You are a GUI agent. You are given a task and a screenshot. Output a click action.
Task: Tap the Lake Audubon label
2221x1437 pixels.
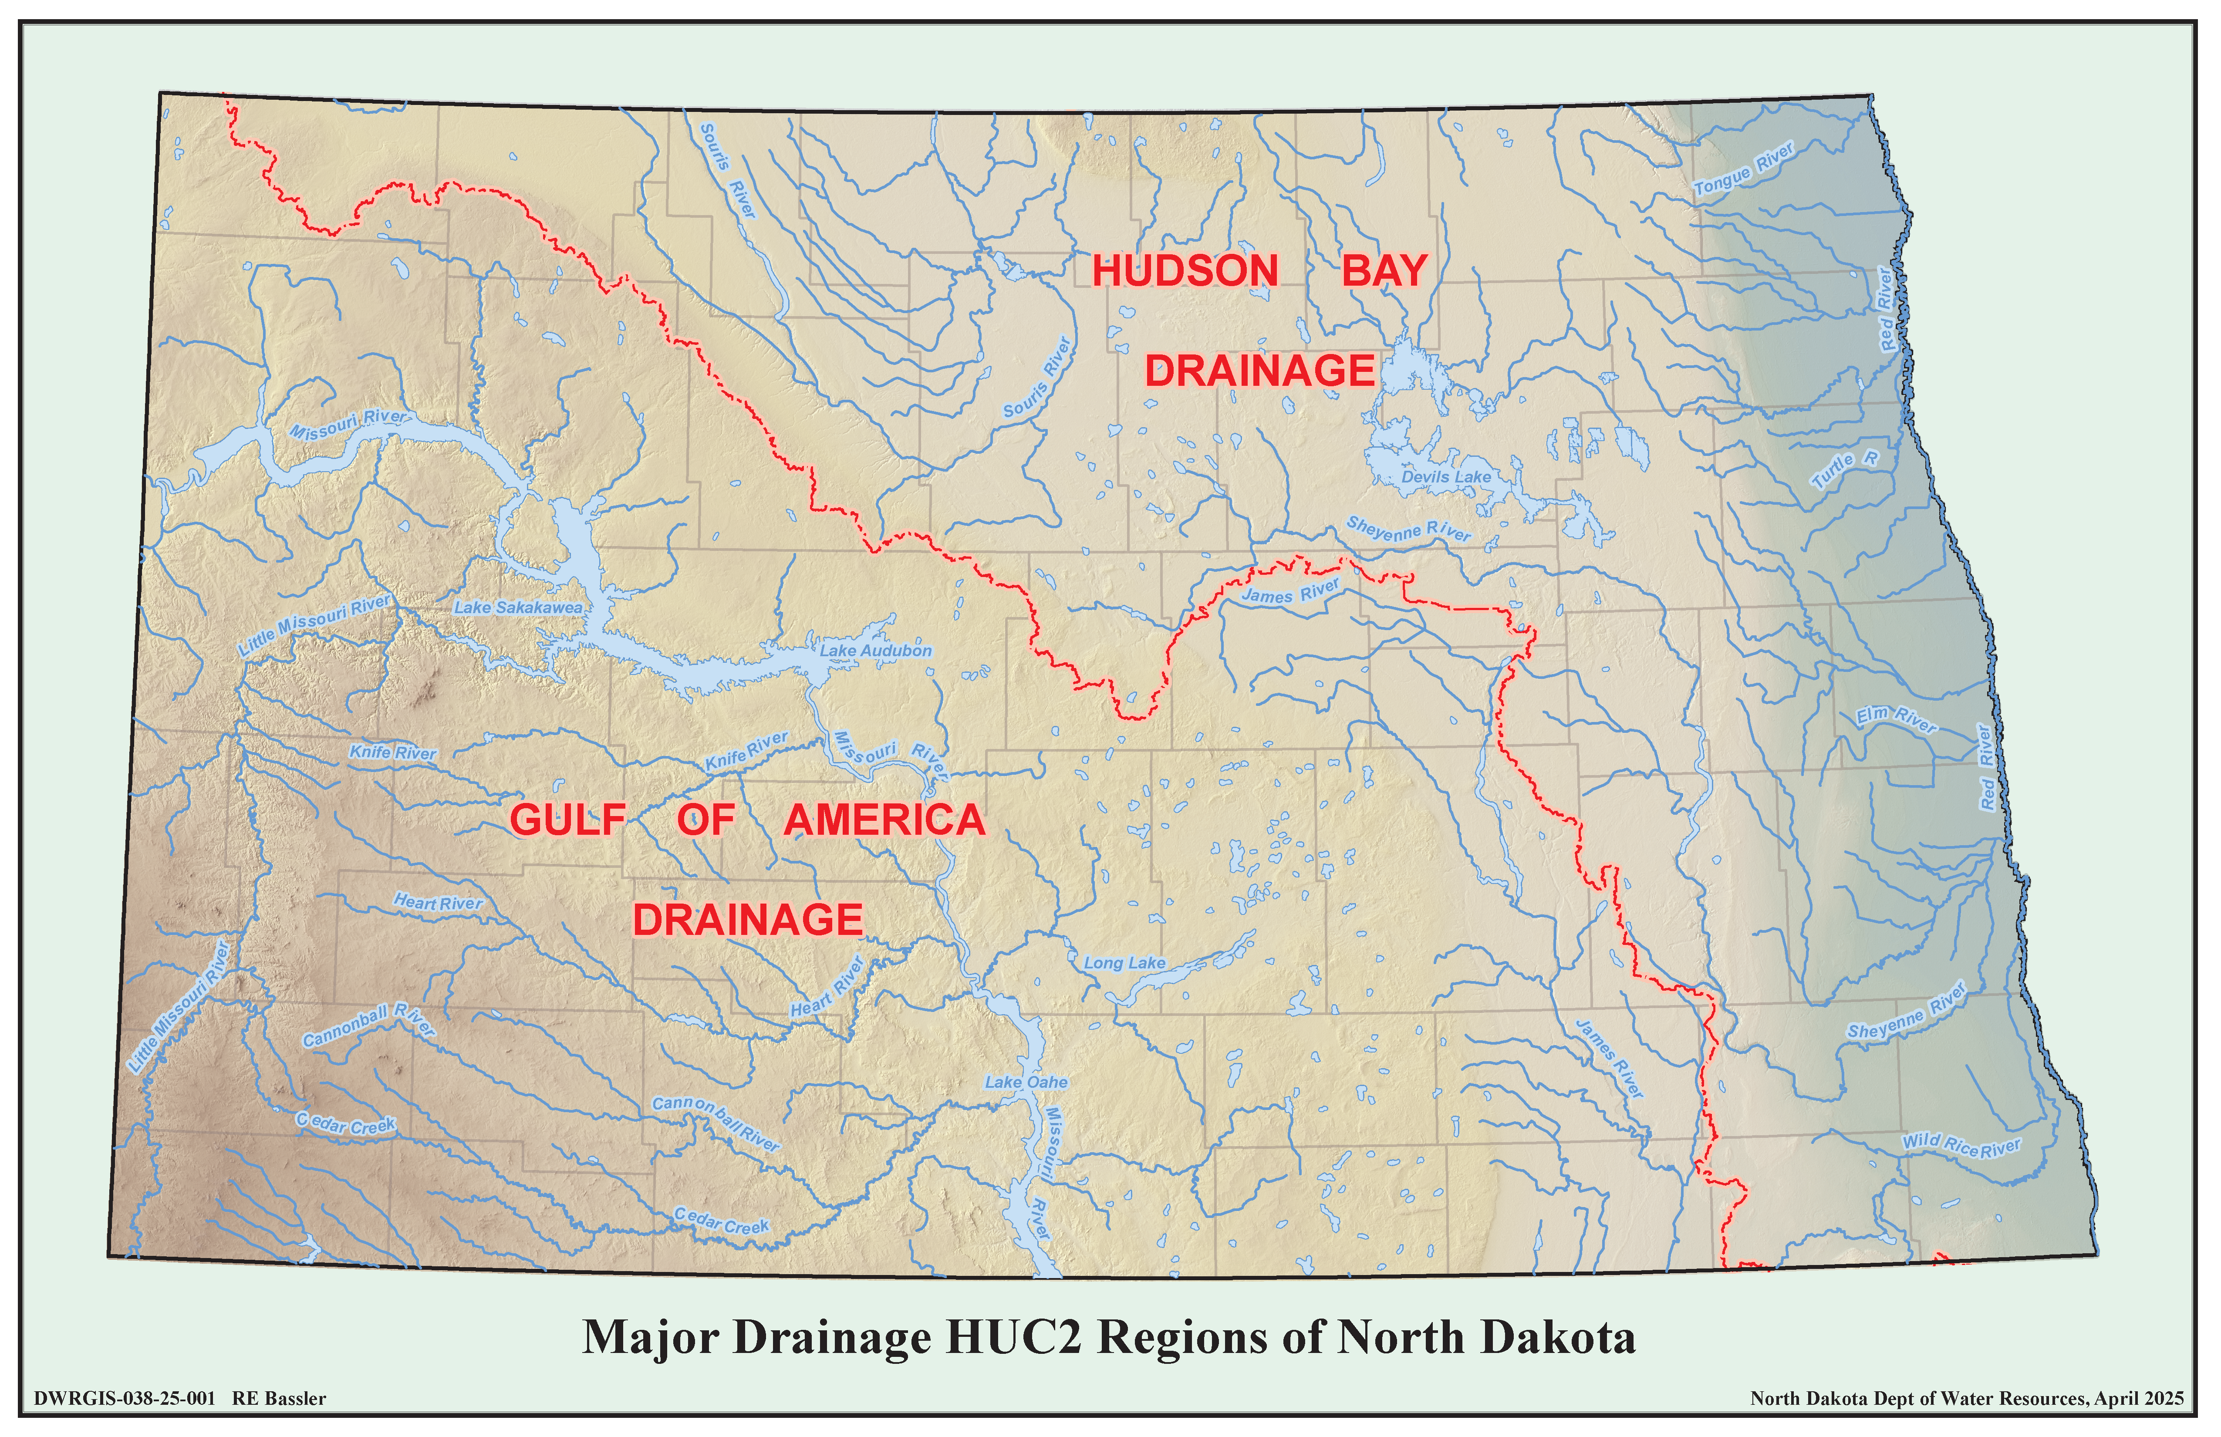tap(875, 651)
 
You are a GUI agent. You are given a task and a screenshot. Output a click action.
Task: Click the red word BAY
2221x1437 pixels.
tap(1385, 272)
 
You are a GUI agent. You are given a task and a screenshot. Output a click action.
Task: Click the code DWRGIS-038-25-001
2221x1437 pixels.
tap(124, 1399)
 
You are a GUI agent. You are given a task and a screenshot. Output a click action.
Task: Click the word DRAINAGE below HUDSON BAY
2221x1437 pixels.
tap(1260, 371)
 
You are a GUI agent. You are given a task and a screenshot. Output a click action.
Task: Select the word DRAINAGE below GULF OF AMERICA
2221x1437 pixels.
tap(747, 920)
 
